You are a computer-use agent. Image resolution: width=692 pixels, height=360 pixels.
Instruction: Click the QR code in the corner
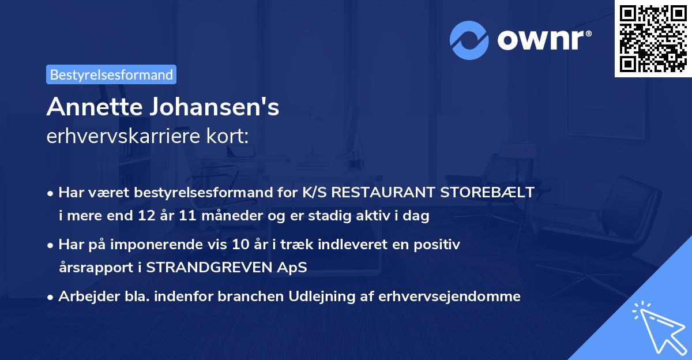(653, 38)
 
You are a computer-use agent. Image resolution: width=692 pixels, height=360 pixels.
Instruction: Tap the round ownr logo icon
(470, 40)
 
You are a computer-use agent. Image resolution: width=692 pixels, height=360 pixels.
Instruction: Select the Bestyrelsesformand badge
(111, 74)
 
